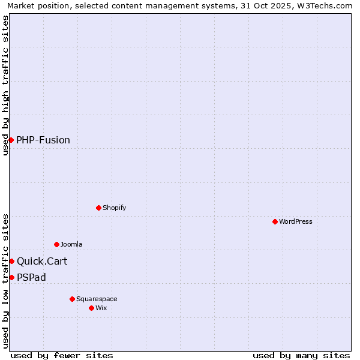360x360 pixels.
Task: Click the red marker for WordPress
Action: pos(275,221)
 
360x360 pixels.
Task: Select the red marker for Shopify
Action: pos(98,208)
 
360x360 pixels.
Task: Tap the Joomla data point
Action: pos(56,244)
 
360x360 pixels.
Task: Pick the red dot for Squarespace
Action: pos(72,299)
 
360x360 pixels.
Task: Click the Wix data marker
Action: pos(91,308)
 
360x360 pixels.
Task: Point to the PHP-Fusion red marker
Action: pos(11,140)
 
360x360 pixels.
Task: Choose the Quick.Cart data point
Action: pos(11,261)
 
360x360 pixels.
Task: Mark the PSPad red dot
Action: pos(11,277)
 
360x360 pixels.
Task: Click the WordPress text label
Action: pos(296,221)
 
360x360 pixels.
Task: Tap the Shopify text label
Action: pos(114,208)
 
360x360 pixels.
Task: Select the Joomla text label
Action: pos(71,244)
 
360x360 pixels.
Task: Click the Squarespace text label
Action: pos(97,299)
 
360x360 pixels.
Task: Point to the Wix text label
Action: pos(101,308)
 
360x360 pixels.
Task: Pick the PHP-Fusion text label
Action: pos(43,140)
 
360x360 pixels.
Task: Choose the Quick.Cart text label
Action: pos(42,261)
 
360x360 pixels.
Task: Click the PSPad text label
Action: pos(31,277)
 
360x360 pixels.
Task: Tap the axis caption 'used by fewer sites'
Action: pos(62,355)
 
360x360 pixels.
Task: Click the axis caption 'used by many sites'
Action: pos(301,355)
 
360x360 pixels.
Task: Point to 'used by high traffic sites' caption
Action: pos(5,85)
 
